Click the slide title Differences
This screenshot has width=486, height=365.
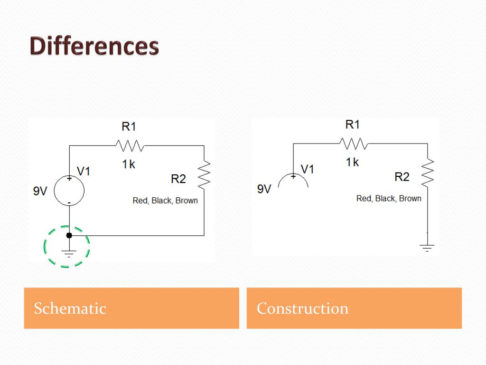pos(94,47)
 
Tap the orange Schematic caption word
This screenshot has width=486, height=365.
pos(70,308)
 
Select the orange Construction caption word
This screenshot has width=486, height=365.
pos(302,308)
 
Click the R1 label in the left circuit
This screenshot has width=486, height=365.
pos(129,126)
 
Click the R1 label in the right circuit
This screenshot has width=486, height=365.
pos(353,125)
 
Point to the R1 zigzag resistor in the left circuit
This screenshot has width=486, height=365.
pos(130,144)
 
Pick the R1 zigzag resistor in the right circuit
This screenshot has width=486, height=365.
pos(353,143)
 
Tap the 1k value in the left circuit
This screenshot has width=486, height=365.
pos(129,164)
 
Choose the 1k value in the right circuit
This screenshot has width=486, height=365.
pos(352,163)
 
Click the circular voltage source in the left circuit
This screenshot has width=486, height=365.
pos(69,191)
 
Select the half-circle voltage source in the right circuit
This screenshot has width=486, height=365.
pos(293,181)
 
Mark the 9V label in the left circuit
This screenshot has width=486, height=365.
pos(40,191)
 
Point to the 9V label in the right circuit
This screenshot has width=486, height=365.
pos(264,189)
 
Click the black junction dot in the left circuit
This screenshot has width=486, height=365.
pos(69,235)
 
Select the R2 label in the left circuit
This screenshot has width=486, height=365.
pos(178,179)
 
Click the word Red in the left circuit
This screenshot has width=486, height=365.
pos(140,201)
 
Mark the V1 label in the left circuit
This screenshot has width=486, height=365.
pos(84,172)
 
